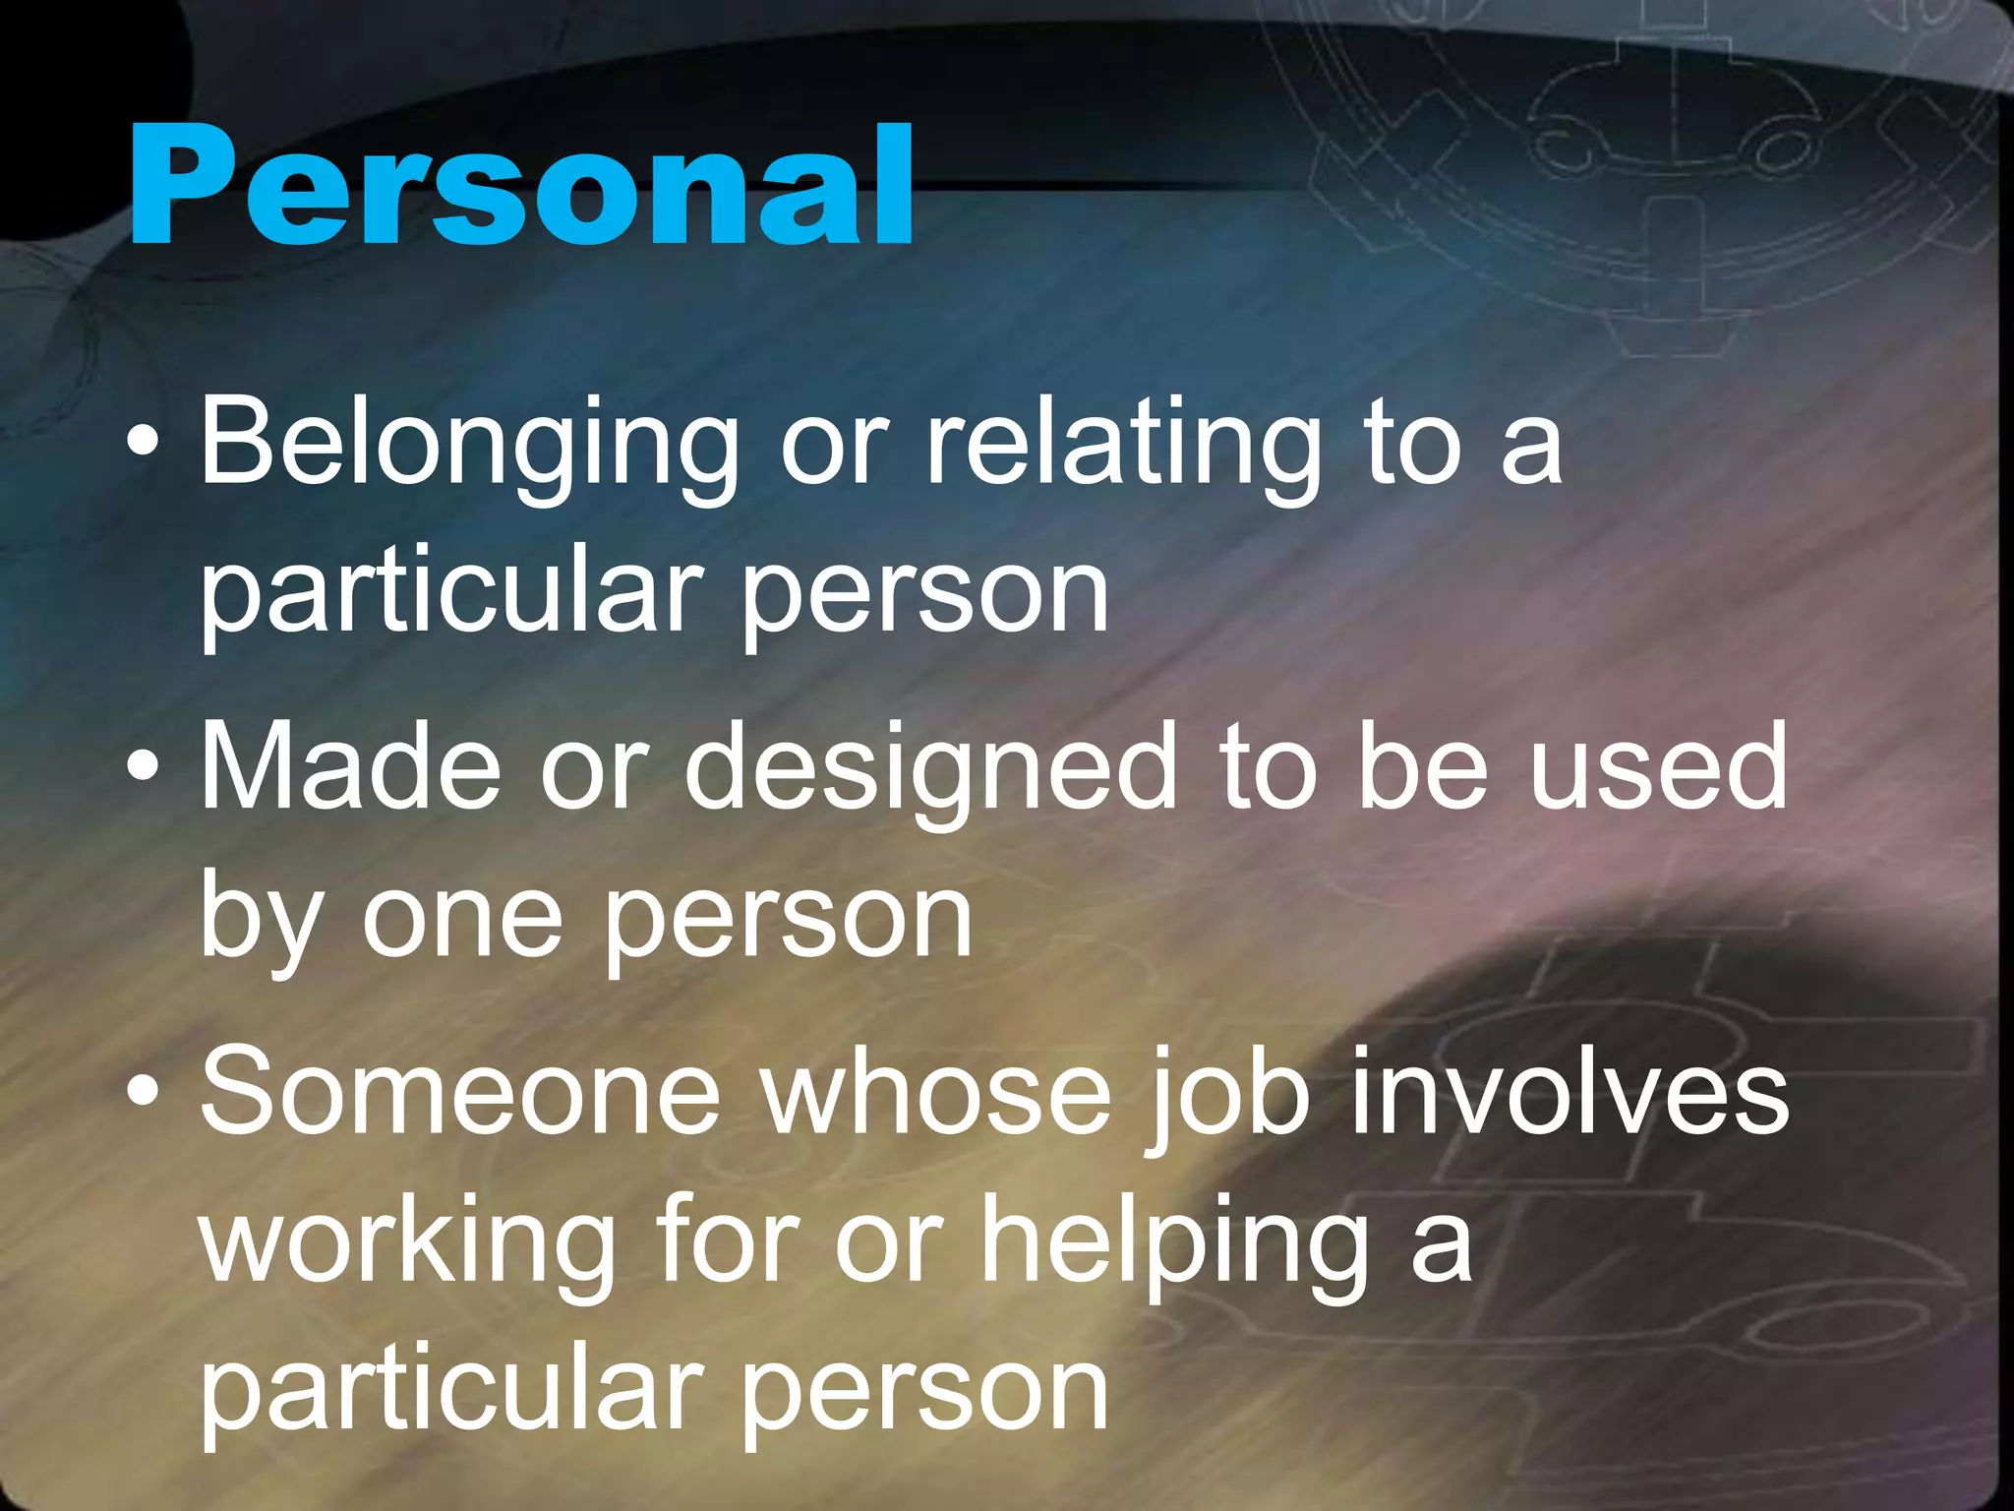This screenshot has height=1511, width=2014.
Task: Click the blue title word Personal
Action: [521, 187]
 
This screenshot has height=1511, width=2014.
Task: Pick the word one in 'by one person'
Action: [462, 920]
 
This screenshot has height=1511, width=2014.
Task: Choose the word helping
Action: [1175, 1244]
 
